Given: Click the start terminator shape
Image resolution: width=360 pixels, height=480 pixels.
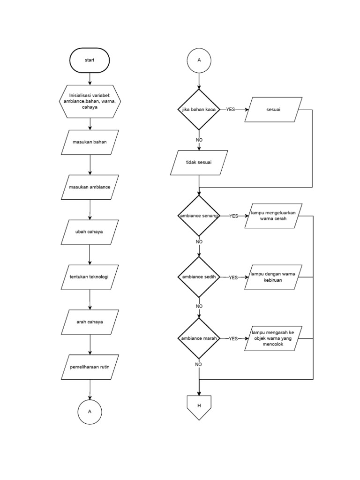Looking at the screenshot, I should [90, 60].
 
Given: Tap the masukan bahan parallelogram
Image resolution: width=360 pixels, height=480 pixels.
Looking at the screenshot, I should [90, 142].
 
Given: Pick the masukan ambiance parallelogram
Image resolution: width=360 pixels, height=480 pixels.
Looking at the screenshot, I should [90, 187].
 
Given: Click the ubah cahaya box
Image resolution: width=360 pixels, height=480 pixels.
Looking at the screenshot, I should [90, 232].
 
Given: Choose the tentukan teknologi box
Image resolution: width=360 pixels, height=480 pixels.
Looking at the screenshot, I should [90, 277].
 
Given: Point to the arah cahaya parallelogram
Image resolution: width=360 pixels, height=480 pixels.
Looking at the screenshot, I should [90, 322].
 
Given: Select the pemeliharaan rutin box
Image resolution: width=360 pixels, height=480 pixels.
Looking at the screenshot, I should [90, 367].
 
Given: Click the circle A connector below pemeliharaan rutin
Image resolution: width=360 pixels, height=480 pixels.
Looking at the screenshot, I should [90, 411].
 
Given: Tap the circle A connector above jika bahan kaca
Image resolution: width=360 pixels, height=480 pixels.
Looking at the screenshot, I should [199, 60].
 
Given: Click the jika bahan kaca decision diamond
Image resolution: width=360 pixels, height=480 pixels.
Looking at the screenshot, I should [199, 110].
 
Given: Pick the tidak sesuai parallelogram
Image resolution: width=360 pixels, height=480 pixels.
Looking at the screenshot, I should [199, 162].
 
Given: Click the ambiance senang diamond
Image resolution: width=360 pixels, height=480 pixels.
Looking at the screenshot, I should [199, 216].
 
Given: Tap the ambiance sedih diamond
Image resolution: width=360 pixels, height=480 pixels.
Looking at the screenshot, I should [199, 277].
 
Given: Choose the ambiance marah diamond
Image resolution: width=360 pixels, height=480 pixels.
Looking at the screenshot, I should [199, 338].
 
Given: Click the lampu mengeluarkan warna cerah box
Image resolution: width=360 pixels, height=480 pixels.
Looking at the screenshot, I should [273, 216].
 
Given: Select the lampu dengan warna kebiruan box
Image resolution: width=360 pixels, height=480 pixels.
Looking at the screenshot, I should [273, 277].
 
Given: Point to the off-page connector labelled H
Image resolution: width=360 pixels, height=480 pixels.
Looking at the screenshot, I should [199, 406].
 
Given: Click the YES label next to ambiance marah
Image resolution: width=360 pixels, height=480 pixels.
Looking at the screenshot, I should [233, 338].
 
